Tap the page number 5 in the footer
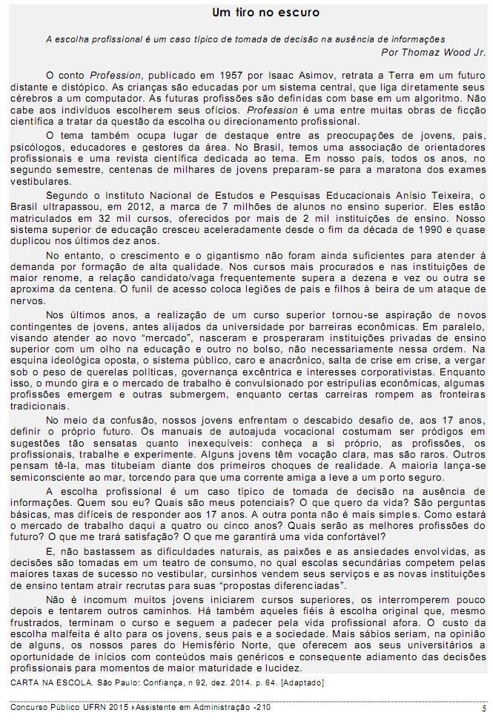pos(483,709)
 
